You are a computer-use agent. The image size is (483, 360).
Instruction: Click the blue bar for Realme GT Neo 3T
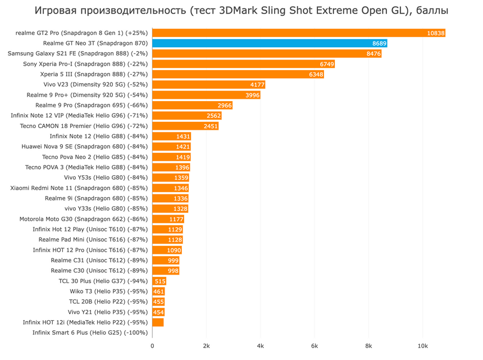coord(270,43)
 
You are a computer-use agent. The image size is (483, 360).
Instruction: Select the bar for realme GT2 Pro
coord(298,33)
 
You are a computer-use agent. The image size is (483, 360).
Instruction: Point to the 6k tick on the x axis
coord(315,346)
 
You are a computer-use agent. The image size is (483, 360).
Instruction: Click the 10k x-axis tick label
coord(422,346)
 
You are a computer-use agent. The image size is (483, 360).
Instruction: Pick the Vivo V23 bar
coord(208,85)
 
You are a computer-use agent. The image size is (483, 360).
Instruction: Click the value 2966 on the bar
coord(224,106)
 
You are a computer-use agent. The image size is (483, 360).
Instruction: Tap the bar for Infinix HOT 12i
coord(158,322)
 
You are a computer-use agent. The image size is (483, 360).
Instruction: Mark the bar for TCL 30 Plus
coord(160,281)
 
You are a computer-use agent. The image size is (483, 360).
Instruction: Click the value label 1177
coord(176,219)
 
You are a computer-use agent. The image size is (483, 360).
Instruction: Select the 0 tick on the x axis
coord(152,346)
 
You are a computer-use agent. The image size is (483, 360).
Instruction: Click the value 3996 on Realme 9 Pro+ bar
coord(252,95)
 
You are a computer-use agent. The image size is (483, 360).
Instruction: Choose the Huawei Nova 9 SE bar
coord(171,147)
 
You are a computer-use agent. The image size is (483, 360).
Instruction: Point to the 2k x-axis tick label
coord(206,346)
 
